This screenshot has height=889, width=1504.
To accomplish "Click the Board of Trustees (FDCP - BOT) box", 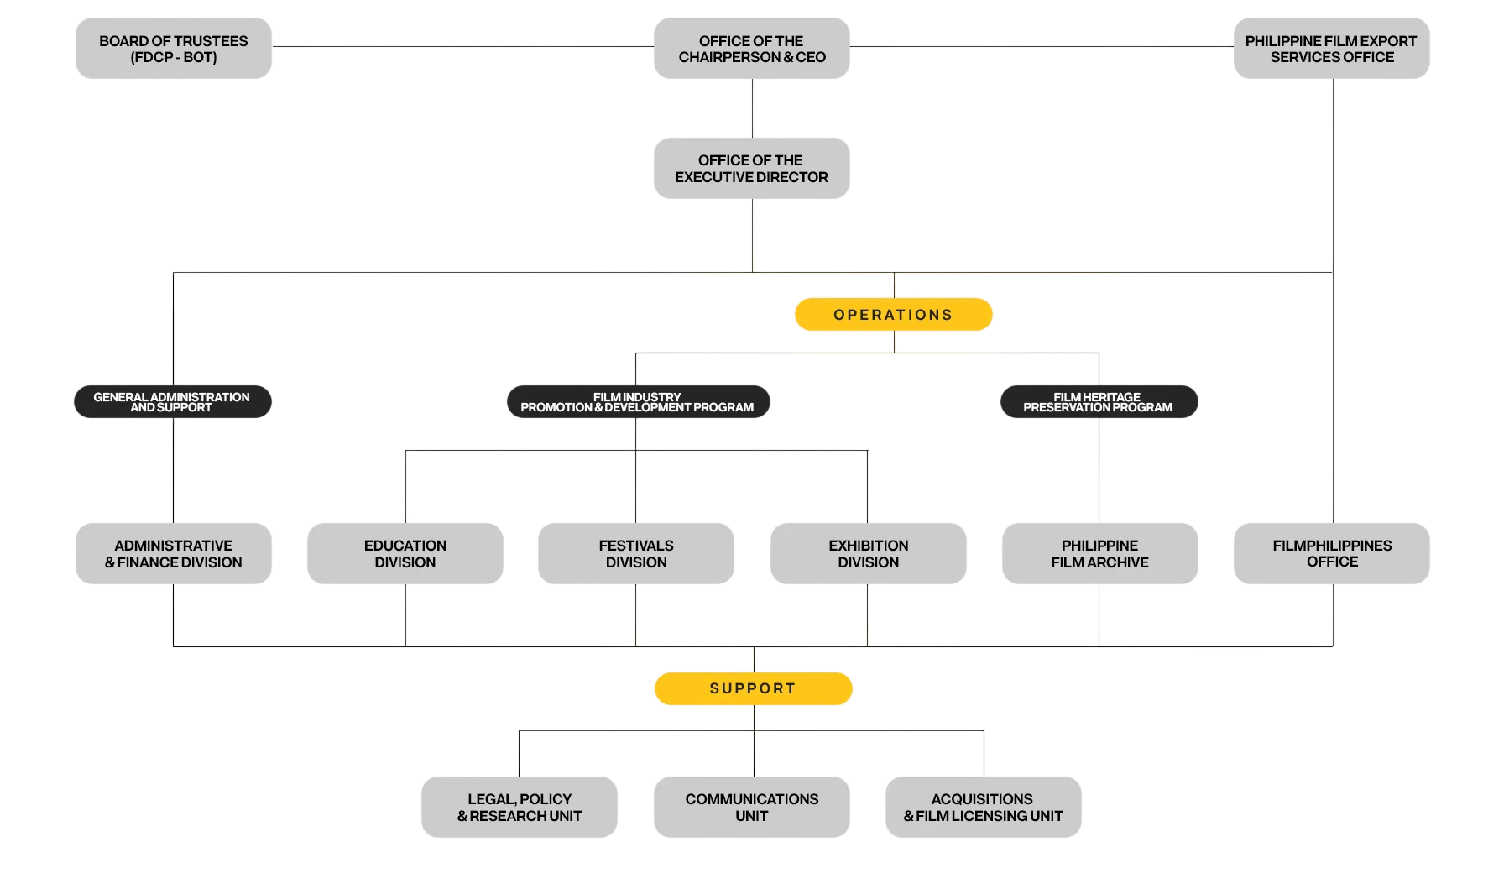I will pos(174,49).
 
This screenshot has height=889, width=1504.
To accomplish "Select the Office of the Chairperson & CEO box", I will pos(752,49).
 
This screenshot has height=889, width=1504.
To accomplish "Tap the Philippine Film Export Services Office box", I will pos(1332,49).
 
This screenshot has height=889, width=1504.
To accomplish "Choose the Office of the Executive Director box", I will pos(752,169).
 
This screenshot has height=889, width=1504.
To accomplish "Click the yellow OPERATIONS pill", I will pos(894,315).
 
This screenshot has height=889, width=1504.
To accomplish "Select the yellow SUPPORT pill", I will pos(754,688).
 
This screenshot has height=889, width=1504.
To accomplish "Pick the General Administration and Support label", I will pos(172,402).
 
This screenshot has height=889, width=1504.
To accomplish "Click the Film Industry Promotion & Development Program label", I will pos(638,402).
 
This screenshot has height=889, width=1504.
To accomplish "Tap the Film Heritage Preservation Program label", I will pos(1099,402).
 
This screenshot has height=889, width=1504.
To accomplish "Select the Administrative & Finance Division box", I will pos(174,554).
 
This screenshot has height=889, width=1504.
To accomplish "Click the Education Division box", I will pos(405,554).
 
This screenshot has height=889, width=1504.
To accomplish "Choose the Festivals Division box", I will pos(636,554).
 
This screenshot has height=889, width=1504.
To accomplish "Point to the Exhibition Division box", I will pos(869,554).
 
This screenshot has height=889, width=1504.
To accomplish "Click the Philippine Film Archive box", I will pos(1099,554).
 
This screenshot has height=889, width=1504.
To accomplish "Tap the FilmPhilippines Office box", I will pos(1332,554).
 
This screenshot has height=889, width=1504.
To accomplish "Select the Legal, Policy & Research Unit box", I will pos(520,808).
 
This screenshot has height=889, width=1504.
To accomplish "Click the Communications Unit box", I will pos(752,808).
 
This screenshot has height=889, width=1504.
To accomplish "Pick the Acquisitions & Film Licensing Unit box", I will pos(984,808).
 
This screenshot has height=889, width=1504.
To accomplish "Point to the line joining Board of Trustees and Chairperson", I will pos(462,46).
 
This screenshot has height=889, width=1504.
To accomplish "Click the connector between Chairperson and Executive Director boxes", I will pos(753,108).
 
